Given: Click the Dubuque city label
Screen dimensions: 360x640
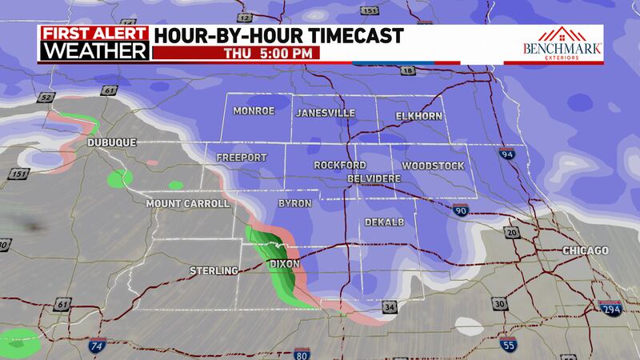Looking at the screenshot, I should click(112, 142).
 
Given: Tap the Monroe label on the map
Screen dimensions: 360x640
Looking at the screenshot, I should click(254, 111).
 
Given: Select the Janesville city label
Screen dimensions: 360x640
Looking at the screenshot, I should click(326, 113).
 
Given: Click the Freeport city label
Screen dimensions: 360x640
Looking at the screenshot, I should click(242, 158).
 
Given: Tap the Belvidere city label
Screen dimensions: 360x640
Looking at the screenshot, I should click(374, 177).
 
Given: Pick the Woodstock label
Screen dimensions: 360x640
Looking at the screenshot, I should click(433, 166).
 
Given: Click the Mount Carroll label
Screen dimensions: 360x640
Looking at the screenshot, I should click(188, 204).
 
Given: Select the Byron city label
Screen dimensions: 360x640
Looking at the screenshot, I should click(294, 204).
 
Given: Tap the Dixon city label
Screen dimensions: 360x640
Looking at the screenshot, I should click(286, 263).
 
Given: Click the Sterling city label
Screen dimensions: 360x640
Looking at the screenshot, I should click(214, 271).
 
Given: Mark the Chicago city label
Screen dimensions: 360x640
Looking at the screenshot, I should click(586, 251).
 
